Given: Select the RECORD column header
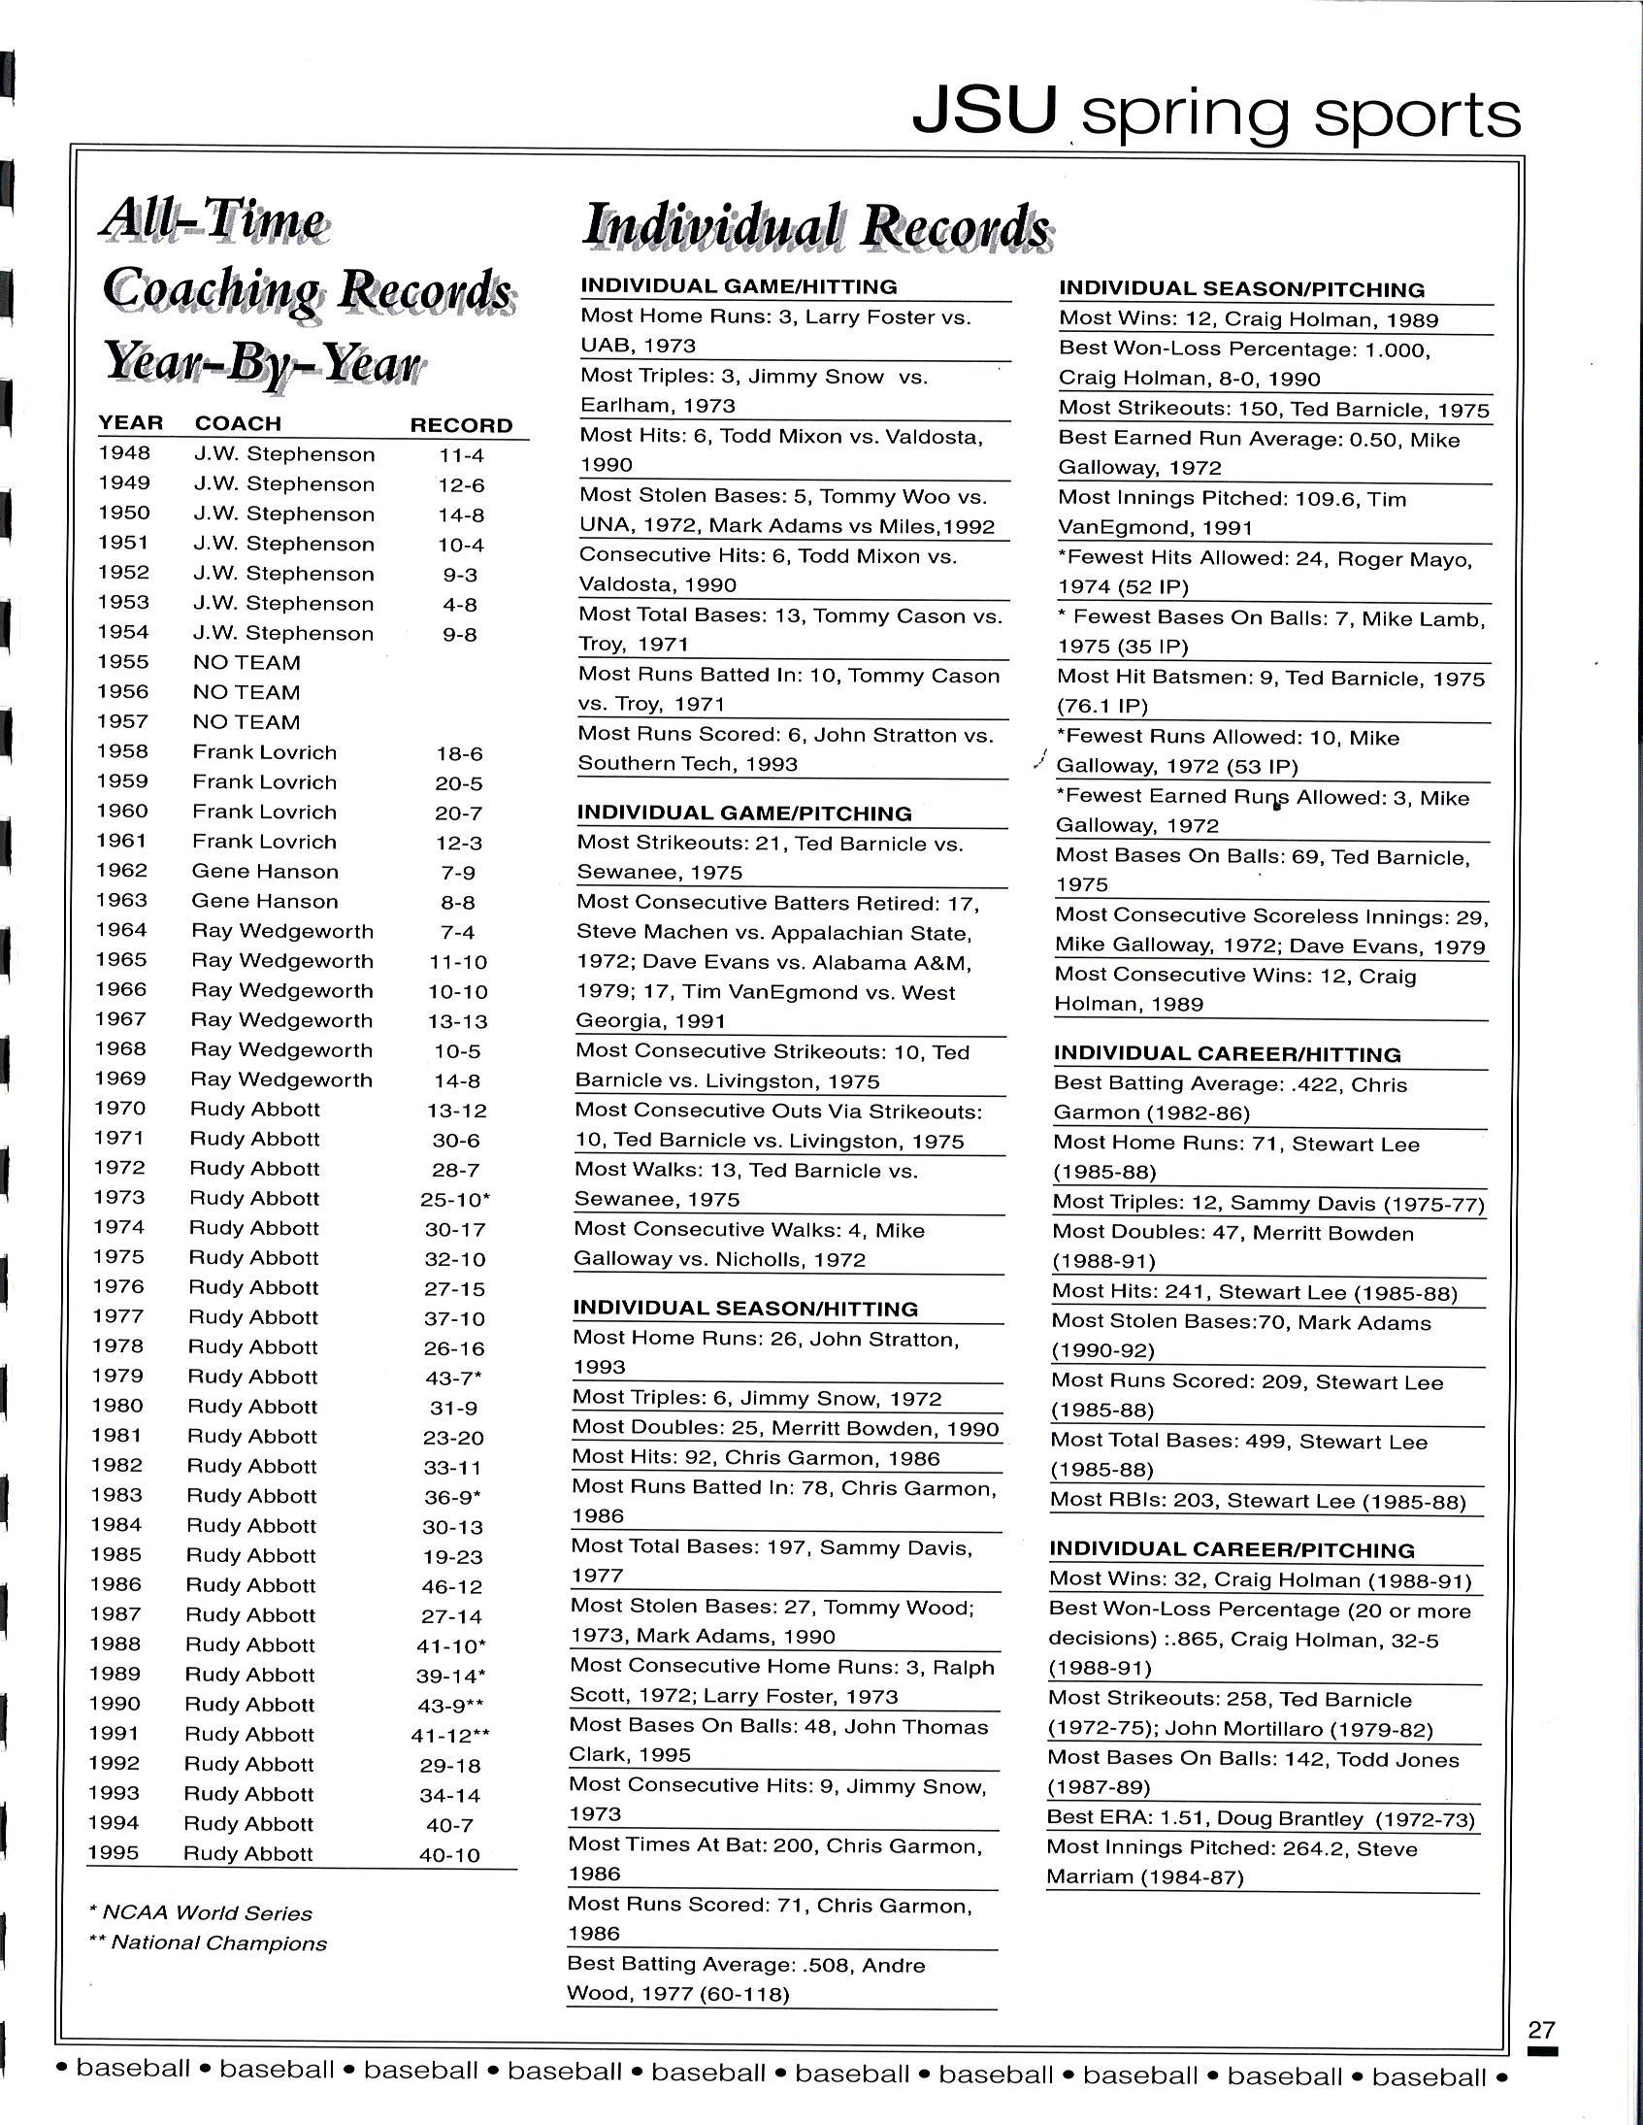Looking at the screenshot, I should pyautogui.click(x=461, y=425).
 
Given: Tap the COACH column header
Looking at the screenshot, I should pyautogui.click(x=239, y=423).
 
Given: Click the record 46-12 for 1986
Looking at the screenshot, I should pyautogui.click(x=451, y=1587).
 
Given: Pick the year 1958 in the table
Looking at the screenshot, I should pyautogui.click(x=122, y=751).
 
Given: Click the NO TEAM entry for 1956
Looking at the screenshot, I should pyautogui.click(x=247, y=693).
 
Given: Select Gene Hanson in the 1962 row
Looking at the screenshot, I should pyautogui.click(x=265, y=872).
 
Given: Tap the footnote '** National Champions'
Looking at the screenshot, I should pyautogui.click(x=209, y=1943).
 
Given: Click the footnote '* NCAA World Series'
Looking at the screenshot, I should pyautogui.click(x=200, y=1913).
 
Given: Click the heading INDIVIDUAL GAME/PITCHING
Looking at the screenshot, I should pyautogui.click(x=744, y=813).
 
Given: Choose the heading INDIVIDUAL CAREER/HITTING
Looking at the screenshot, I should pyautogui.click(x=1228, y=1053).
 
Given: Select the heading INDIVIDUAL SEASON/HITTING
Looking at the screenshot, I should pyautogui.click(x=745, y=1309).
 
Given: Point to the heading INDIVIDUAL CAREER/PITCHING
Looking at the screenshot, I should pyautogui.click(x=1232, y=1550).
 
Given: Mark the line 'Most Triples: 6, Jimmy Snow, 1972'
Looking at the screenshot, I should pyautogui.click(x=757, y=1399).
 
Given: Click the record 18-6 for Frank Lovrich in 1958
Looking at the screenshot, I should pyautogui.click(x=459, y=754).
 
